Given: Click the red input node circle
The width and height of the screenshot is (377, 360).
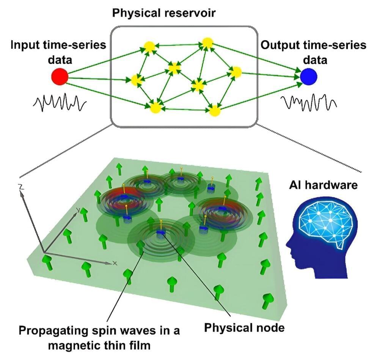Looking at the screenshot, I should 60,77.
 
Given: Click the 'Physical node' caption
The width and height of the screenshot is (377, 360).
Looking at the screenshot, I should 244,327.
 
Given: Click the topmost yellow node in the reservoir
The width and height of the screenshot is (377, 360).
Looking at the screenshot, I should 207,43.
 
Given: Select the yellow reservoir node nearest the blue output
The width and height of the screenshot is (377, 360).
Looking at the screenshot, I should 236,72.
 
